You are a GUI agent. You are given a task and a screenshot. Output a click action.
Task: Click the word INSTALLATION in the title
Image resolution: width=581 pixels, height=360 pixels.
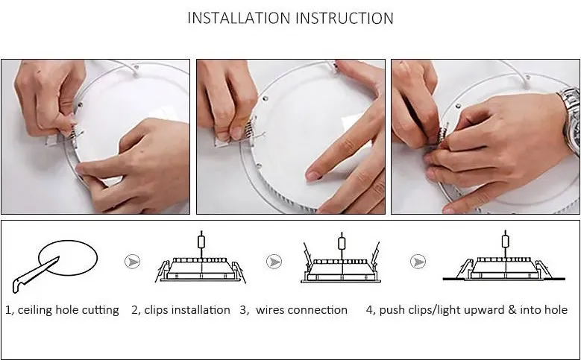pos(239,18)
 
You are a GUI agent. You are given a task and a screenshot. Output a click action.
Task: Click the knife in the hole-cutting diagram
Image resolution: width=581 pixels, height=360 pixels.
pos(35,275)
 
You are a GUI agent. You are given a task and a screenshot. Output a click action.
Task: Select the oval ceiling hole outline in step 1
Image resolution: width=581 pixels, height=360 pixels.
pos(68,241)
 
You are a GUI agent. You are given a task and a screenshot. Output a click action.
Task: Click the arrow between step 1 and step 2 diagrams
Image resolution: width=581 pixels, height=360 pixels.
pos(132,262)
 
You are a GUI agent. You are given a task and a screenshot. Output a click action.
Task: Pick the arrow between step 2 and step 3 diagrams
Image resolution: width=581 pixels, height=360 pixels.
pos(274,262)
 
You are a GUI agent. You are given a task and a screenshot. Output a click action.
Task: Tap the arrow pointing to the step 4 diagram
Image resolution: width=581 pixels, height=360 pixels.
pos(418,262)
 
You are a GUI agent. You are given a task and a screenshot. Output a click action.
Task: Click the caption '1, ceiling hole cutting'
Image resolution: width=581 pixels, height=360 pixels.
pos(62,310)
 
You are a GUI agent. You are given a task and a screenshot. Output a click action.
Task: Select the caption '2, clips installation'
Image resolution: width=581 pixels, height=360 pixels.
pos(180,310)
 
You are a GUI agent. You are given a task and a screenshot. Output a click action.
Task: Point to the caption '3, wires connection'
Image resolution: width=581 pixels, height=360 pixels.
pos(294,310)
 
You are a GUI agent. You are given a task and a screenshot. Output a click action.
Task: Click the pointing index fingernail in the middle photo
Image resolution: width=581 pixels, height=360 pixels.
pos(313,176)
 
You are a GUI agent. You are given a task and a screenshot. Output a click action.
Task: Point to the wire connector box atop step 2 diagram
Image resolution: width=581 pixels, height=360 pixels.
pos(201,242)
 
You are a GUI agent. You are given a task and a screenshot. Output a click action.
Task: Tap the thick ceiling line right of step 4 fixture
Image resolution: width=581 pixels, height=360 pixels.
pos(557,279)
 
